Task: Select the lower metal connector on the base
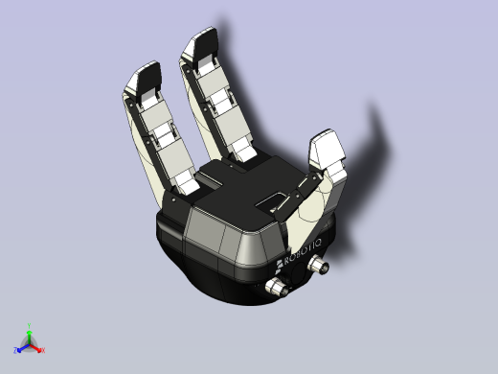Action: (x=278, y=289)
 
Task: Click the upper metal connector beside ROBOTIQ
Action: (x=320, y=268)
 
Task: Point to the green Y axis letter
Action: (x=31, y=325)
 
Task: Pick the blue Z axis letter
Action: (x=18, y=350)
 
